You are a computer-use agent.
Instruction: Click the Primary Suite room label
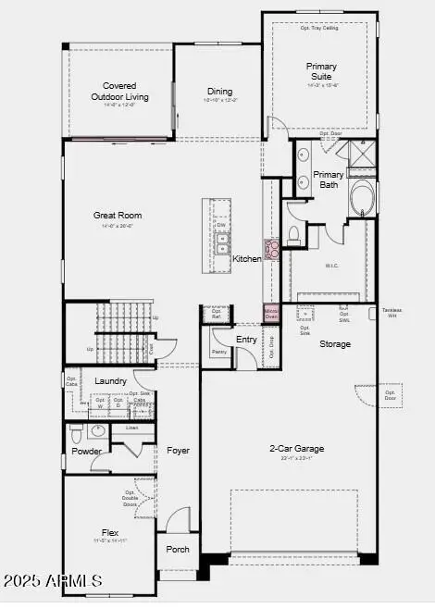pyautogui.click(x=322, y=72)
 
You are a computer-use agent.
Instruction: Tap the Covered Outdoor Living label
pyautogui.click(x=119, y=91)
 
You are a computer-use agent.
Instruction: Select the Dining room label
pyautogui.click(x=220, y=91)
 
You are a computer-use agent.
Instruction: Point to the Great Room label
pyautogui.click(x=118, y=215)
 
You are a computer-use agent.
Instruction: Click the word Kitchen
pyautogui.click(x=247, y=259)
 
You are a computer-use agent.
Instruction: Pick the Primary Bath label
pyautogui.click(x=328, y=180)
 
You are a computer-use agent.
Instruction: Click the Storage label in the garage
pyautogui.click(x=335, y=344)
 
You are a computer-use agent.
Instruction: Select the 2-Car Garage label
pyautogui.click(x=296, y=448)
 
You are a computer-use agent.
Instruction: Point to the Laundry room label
pyautogui.click(x=111, y=381)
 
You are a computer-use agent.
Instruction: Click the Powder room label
pyautogui.click(x=87, y=452)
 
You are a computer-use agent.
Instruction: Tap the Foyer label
pyautogui.click(x=178, y=451)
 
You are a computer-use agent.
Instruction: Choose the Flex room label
pyautogui.click(x=110, y=533)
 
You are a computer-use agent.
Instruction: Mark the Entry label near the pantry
pyautogui.click(x=247, y=340)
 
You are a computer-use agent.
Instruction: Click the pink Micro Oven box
pyautogui.click(x=271, y=313)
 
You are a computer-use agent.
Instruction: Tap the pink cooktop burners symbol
pyautogui.click(x=273, y=249)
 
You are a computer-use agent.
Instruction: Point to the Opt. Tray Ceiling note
pyautogui.click(x=319, y=28)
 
